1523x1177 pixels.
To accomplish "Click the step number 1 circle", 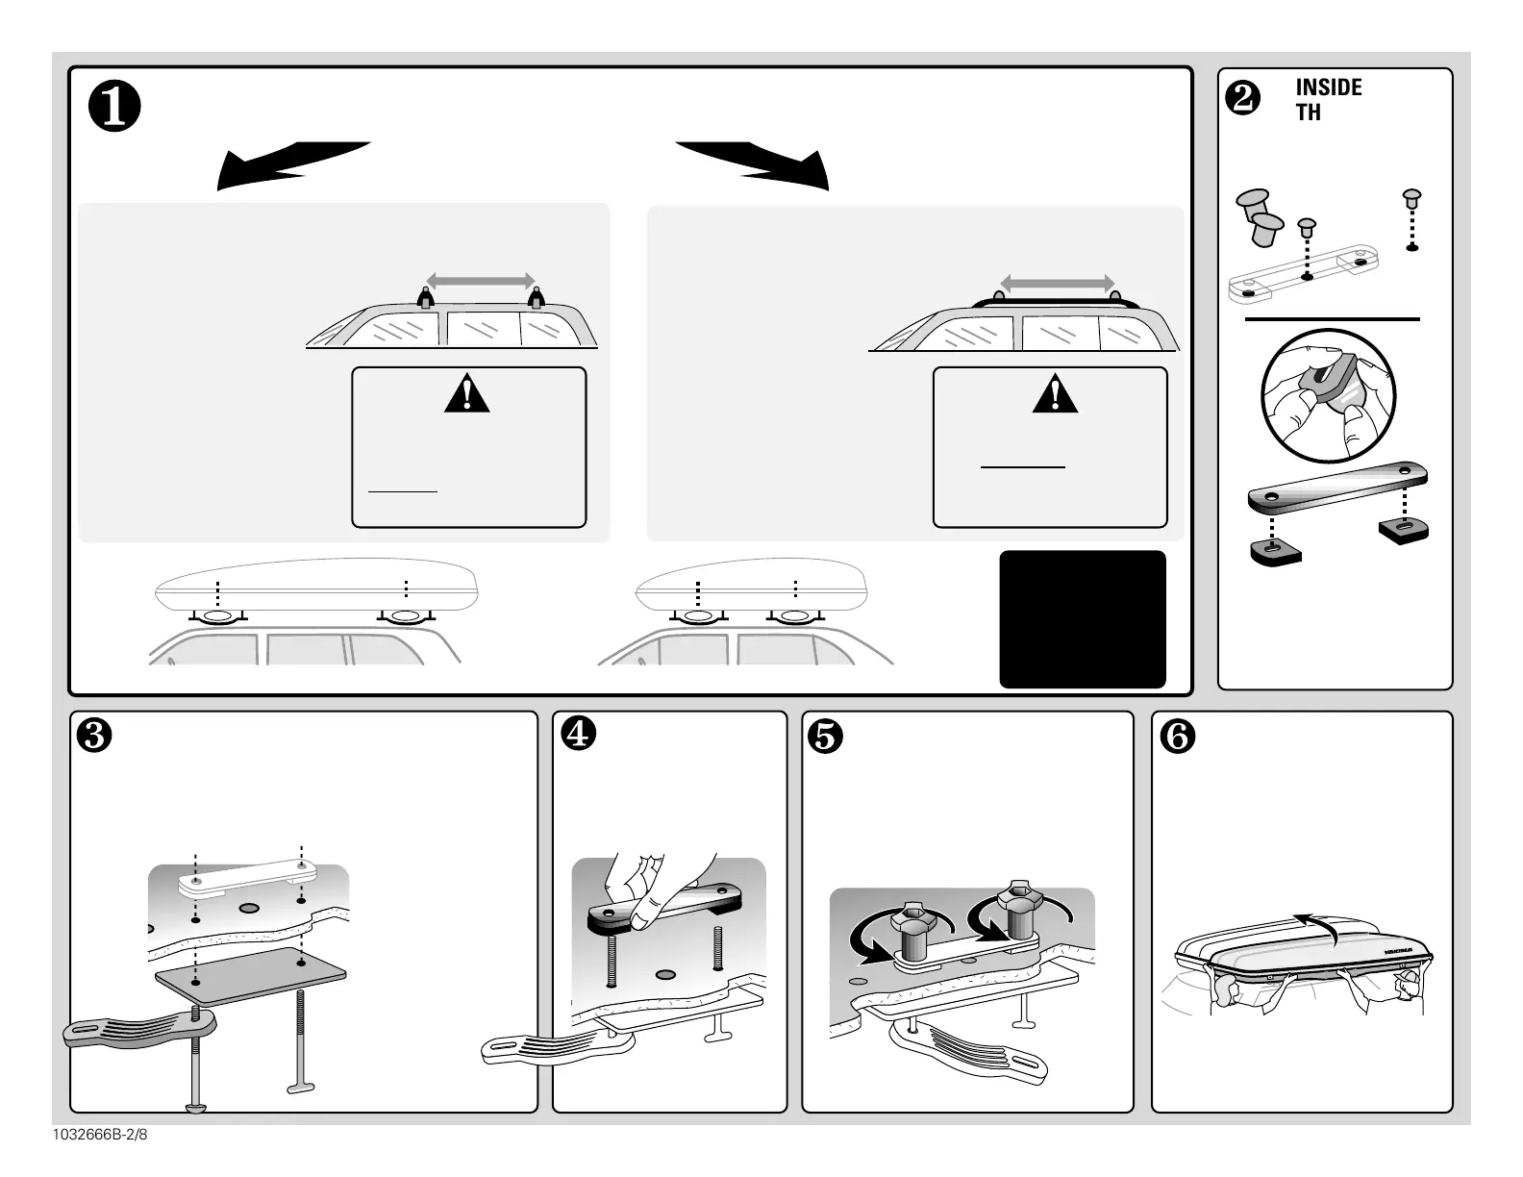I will [x=115, y=110].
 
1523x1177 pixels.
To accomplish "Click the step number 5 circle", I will [x=827, y=736].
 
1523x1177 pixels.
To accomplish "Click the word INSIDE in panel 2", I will [x=1328, y=88].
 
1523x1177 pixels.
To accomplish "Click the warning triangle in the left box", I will [x=467, y=395].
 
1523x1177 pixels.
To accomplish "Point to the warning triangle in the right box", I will [x=1055, y=395].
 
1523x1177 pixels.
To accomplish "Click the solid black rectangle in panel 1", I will [x=1083, y=619].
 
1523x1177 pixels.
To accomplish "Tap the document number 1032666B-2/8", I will [x=100, y=1134].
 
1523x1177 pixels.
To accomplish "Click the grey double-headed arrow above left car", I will [x=480, y=281].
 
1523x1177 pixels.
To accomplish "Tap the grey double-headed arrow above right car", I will [x=1057, y=283].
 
